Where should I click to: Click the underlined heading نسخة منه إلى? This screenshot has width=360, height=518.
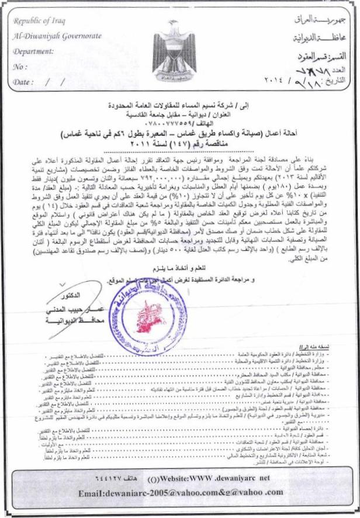[x=339, y=348]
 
